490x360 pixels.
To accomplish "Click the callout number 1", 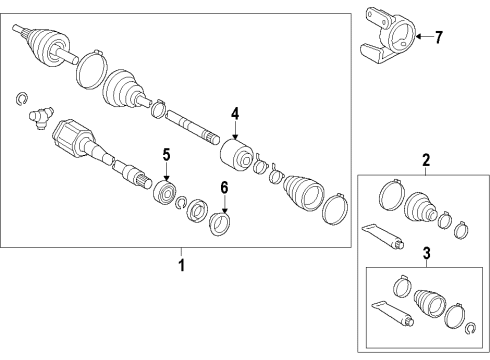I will point(181,266).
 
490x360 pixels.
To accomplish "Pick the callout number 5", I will point(167,155).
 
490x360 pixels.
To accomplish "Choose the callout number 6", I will point(224,187).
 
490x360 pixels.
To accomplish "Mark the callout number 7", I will point(438,37).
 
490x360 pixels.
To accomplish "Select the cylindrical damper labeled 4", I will point(237,157).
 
